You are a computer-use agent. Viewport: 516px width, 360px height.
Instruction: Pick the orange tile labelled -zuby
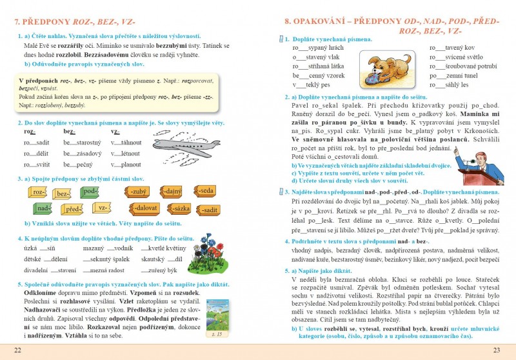click(x=136, y=192)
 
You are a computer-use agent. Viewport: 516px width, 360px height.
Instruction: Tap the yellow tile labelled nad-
click(x=43, y=209)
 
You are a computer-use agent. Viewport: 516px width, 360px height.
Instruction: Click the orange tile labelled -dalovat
click(x=144, y=208)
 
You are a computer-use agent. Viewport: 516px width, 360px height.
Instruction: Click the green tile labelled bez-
click(x=63, y=193)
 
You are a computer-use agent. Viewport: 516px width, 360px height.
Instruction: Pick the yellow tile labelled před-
click(x=74, y=209)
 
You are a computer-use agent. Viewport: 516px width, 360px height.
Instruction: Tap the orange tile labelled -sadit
click(x=209, y=209)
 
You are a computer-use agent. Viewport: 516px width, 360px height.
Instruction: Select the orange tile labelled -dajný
click(x=172, y=192)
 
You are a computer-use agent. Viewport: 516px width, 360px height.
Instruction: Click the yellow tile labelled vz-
click(x=101, y=208)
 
